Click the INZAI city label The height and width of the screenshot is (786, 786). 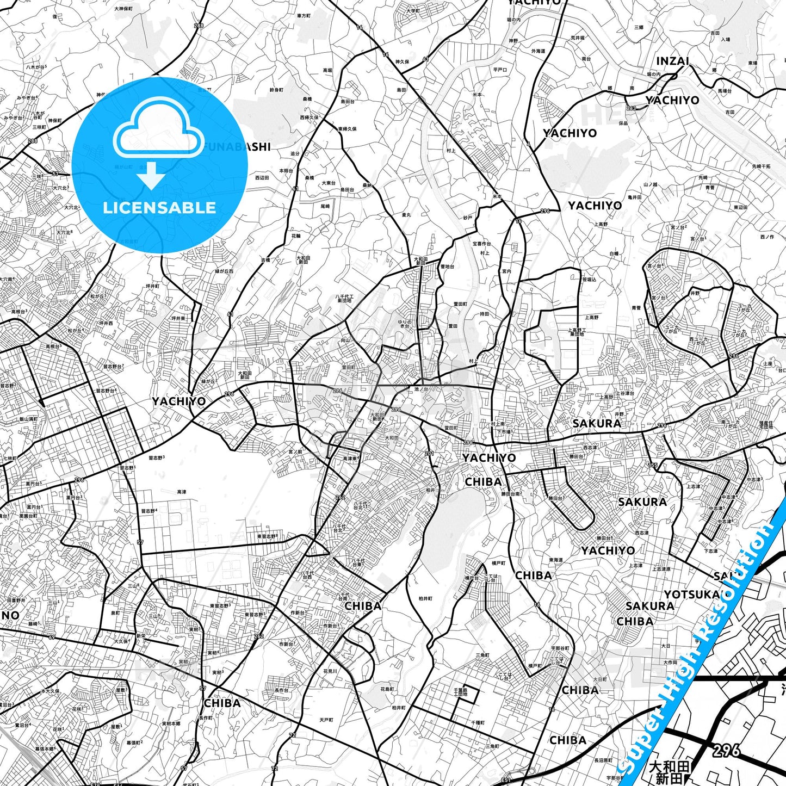672,61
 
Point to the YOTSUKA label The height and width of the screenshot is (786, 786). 691,595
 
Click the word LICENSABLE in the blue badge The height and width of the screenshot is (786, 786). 159,208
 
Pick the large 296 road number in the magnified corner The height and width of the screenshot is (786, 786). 726,751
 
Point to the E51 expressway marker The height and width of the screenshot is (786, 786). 506,781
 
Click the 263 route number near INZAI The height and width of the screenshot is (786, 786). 631,108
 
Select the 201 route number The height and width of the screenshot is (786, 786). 429,453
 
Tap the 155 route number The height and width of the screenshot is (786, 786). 653,465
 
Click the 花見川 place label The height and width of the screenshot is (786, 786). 330,671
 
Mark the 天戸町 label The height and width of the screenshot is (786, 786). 326,720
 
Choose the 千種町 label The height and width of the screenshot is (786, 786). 478,722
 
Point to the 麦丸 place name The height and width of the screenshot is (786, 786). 406,215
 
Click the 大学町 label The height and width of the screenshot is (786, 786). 413,11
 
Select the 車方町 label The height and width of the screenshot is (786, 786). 304,16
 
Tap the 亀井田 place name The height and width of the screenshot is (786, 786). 634,197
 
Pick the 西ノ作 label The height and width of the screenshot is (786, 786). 767,237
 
